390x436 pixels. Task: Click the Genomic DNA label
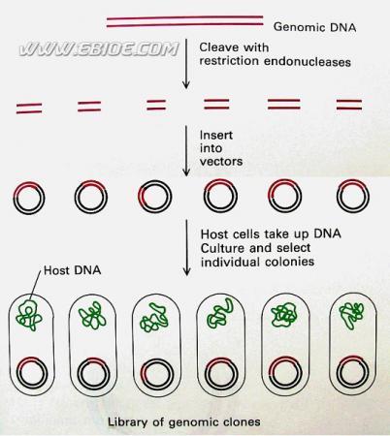click(x=314, y=27)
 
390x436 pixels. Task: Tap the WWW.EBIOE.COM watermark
click(x=99, y=49)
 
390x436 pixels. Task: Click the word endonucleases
click(x=308, y=61)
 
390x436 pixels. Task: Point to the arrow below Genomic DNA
click(x=185, y=64)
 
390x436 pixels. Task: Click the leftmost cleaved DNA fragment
click(x=29, y=109)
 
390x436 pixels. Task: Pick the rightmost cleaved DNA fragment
click(x=349, y=105)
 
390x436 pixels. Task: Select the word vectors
click(x=221, y=161)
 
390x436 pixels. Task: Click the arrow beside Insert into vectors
click(x=186, y=150)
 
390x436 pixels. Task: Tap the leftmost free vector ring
click(x=29, y=182)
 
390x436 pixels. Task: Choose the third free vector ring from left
click(x=154, y=181)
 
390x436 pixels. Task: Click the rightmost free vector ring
click(x=353, y=180)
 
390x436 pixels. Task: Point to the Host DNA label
click(x=72, y=270)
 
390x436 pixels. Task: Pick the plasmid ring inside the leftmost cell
click(x=32, y=358)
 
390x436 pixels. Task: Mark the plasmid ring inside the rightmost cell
click(x=352, y=357)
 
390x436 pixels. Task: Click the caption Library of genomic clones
click(x=183, y=421)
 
